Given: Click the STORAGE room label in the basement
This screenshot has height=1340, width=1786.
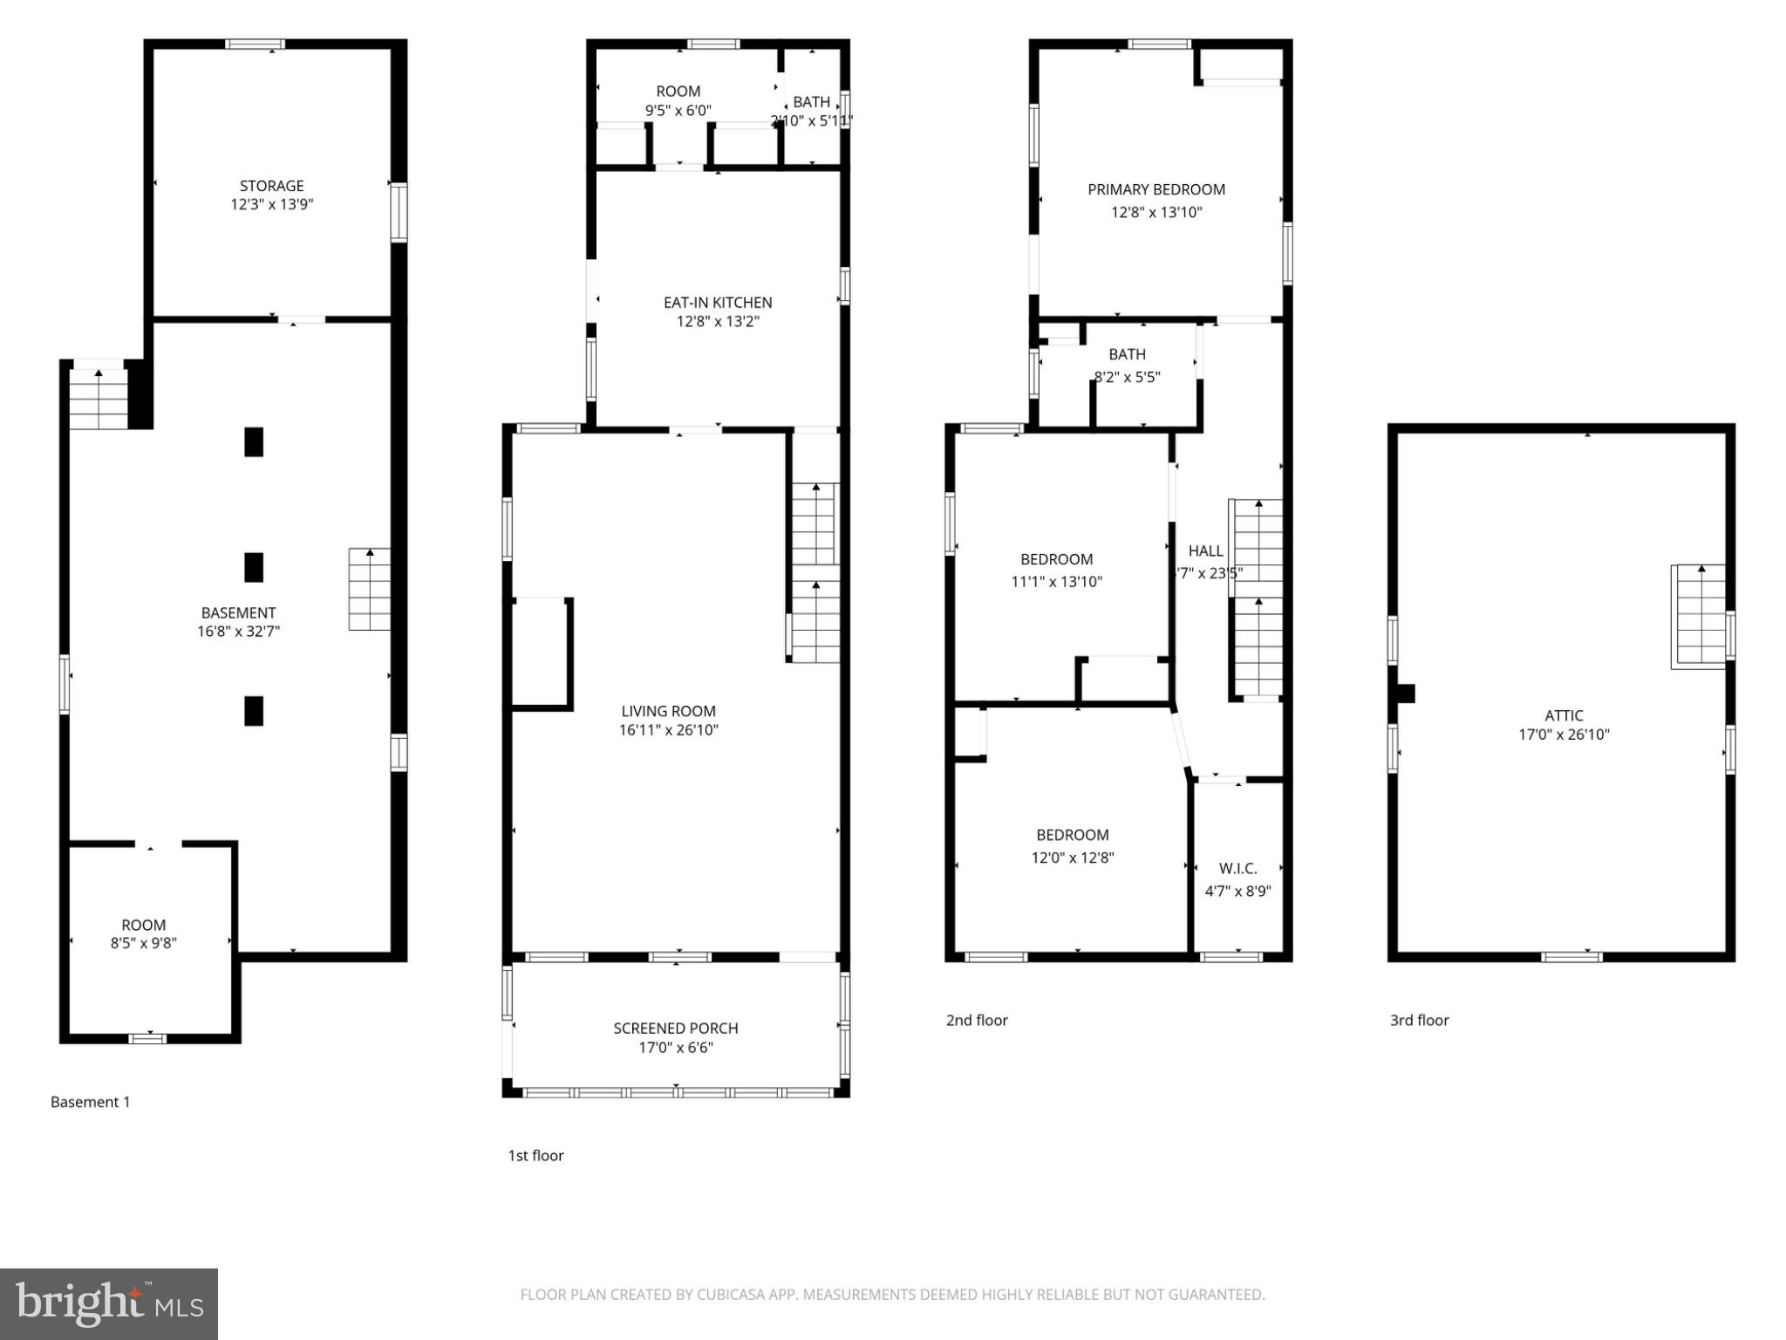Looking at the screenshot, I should click(271, 186).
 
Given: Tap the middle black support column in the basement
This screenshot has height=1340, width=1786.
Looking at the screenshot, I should click(254, 567).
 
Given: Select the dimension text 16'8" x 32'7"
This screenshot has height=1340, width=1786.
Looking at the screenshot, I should click(238, 632).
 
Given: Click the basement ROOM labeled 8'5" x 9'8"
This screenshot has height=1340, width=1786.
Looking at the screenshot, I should click(144, 925).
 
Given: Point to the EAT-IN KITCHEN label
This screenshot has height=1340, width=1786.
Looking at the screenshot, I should click(718, 303).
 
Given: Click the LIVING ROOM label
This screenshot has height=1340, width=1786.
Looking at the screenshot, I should click(668, 711).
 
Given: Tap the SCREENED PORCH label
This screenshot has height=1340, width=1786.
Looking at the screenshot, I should click(676, 1029).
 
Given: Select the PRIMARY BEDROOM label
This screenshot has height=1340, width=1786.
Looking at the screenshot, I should click(1156, 189).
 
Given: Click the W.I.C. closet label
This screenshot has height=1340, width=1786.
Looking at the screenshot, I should click(1237, 868).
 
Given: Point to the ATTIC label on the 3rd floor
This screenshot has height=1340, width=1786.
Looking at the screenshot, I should click(1564, 715).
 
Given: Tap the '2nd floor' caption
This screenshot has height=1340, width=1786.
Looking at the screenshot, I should click(977, 1020).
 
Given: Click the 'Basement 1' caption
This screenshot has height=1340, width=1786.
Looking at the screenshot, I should click(90, 1102).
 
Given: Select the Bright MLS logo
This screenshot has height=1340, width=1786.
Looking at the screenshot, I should click(109, 1303).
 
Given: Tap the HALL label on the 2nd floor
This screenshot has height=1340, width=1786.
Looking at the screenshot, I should click(1205, 550).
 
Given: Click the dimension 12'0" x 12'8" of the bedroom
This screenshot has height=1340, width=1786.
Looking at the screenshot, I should click(1073, 858).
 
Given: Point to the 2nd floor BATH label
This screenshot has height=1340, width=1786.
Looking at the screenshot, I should click(1127, 354).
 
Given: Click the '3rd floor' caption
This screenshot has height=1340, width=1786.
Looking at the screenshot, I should click(1419, 1020).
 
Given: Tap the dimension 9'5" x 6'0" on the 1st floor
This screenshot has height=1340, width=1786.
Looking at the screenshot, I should click(678, 111).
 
